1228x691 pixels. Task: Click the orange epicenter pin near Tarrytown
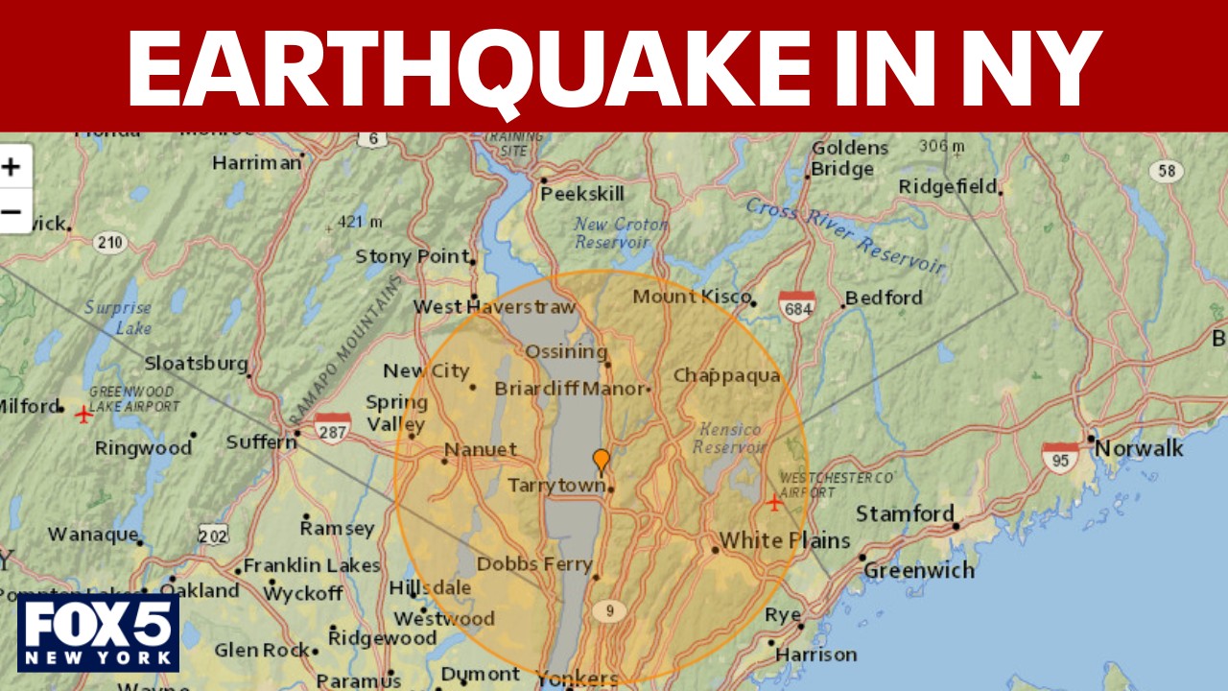pyautogui.click(x=601, y=462)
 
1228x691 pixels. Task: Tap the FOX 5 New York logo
pyautogui.click(x=98, y=632)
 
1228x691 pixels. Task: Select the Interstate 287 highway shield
pyautogui.click(x=332, y=428)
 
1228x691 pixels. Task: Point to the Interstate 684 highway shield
pyautogui.click(x=797, y=306)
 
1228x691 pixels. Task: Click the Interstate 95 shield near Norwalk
pyautogui.click(x=1060, y=459)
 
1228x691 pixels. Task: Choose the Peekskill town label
pyautogui.click(x=582, y=193)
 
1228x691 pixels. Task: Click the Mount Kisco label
pyautogui.click(x=691, y=297)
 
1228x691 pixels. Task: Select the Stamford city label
pyautogui.click(x=905, y=514)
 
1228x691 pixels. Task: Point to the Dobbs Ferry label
pyautogui.click(x=534, y=563)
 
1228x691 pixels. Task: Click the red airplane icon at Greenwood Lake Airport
pyautogui.click(x=84, y=414)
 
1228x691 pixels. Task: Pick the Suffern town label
pyautogui.click(x=261, y=442)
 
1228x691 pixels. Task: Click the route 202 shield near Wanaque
pyautogui.click(x=213, y=536)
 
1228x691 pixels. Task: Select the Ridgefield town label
pyautogui.click(x=948, y=187)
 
